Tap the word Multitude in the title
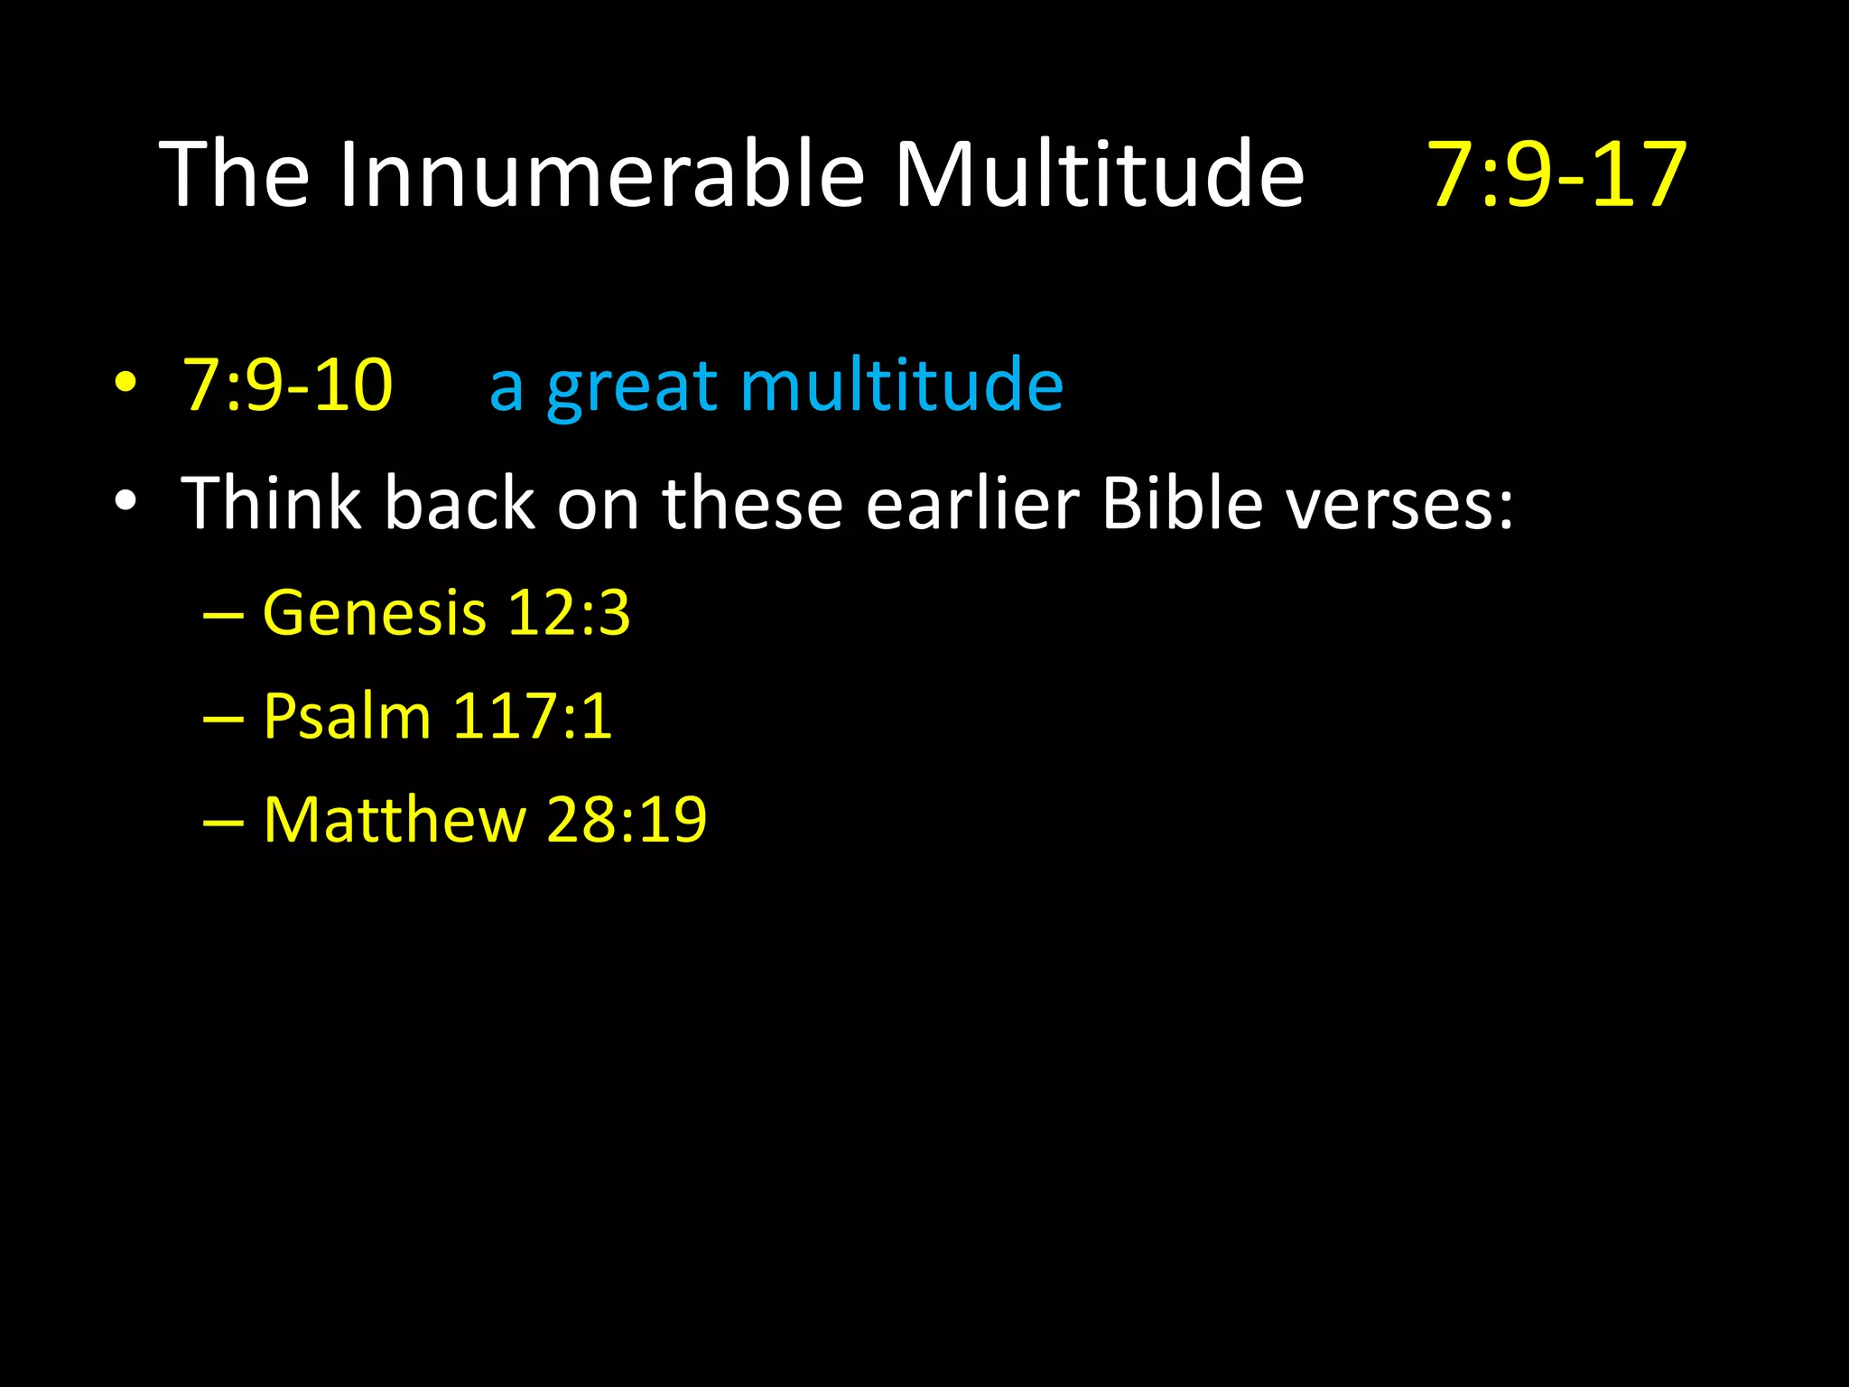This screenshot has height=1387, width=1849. (1099, 174)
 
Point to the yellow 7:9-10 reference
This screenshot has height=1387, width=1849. (288, 386)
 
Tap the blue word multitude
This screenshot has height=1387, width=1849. (902, 386)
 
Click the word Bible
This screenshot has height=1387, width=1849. (1182, 503)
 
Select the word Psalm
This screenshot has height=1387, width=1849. (347, 717)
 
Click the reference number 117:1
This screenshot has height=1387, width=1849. (532, 717)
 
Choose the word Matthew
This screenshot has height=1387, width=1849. (395, 820)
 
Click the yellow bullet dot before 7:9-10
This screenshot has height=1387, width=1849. (126, 383)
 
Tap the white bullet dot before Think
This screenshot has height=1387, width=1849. (126, 501)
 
